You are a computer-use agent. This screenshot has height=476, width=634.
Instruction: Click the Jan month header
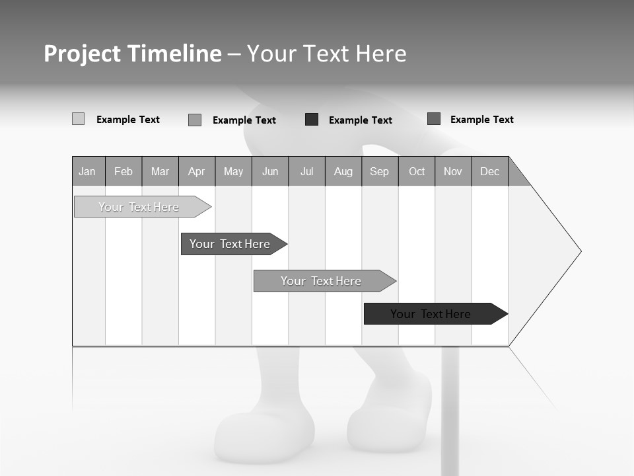[88, 171]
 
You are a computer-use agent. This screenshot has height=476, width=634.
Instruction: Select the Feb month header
[123, 171]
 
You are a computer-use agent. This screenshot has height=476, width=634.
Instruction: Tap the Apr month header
[197, 171]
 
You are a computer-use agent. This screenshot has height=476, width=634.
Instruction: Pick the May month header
[233, 171]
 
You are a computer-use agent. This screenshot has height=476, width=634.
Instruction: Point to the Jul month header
[306, 171]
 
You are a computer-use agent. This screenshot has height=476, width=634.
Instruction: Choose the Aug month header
[343, 171]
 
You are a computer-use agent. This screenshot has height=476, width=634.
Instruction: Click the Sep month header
[380, 171]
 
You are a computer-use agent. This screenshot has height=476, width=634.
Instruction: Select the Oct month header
[417, 171]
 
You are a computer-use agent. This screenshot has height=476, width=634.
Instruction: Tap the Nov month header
[453, 171]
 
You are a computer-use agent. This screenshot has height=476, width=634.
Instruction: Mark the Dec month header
[490, 171]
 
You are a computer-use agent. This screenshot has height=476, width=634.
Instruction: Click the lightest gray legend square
[78, 119]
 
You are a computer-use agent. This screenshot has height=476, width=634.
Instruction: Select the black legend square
[312, 119]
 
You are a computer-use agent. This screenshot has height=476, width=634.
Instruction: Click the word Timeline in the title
[174, 54]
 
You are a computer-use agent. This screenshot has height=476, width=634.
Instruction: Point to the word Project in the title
[83, 54]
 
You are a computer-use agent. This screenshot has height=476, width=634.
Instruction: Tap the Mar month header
[160, 171]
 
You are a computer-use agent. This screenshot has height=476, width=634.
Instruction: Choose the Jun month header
[270, 171]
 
